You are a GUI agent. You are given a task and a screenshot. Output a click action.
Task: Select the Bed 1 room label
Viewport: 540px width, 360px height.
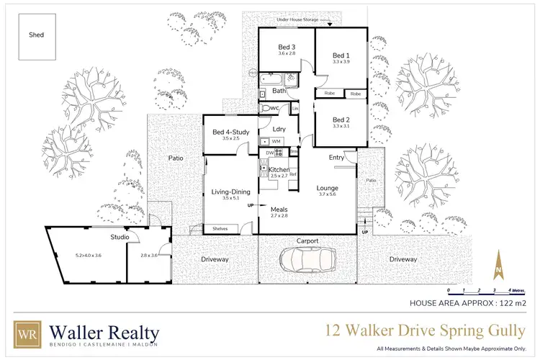[x=341, y=55]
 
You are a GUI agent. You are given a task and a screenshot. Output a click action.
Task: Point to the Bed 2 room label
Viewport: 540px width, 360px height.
[x=341, y=120]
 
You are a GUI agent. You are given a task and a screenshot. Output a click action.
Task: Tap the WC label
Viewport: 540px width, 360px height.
[x=274, y=108]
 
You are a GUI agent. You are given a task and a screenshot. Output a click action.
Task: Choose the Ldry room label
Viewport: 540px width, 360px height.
[x=281, y=129]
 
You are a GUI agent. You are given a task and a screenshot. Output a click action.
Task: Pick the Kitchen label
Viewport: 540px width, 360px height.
[x=278, y=169]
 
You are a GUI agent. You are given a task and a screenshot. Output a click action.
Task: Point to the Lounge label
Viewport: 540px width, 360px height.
[x=328, y=189]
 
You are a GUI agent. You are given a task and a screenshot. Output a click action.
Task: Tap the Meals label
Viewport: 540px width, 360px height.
[x=279, y=210]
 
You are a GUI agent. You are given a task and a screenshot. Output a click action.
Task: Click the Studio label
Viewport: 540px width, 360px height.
[x=120, y=236]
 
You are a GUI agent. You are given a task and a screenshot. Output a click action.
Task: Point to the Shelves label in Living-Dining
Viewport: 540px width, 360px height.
[x=220, y=229]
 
